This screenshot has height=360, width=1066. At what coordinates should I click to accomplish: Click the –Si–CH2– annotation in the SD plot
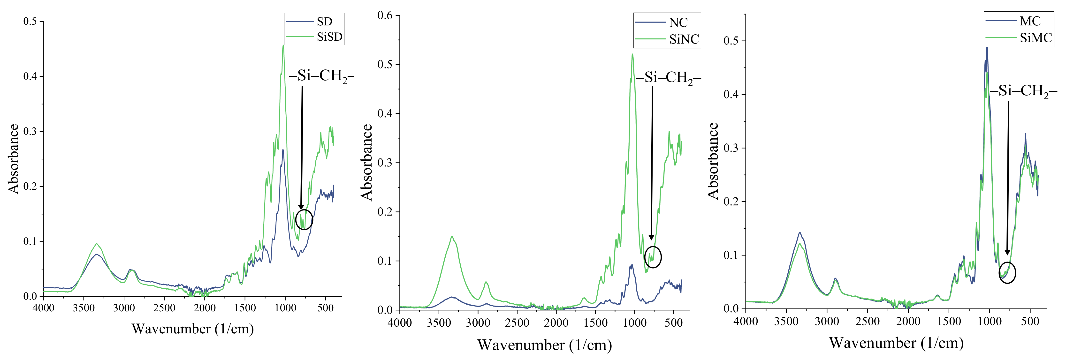321,76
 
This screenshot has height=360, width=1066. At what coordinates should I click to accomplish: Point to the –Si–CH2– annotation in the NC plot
668,78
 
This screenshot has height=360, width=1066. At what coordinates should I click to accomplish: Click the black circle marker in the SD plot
304,219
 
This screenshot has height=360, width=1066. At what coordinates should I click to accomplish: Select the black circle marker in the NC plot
653,257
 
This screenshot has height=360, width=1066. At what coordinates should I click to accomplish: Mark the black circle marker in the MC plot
1007,273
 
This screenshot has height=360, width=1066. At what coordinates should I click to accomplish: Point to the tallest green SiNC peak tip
632,54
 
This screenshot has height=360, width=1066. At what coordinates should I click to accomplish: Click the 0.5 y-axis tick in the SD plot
30,22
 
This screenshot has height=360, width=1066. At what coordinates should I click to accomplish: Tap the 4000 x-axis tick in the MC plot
746,322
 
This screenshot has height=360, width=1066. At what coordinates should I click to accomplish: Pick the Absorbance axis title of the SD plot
14,159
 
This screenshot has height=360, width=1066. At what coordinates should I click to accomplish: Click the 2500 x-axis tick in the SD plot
164,308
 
